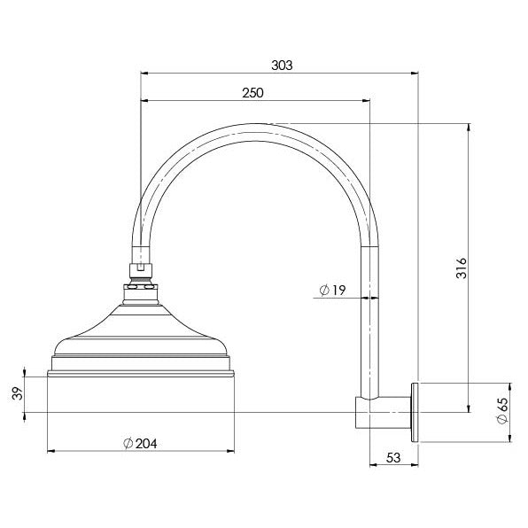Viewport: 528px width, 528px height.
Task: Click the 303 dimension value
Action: [x=281, y=66]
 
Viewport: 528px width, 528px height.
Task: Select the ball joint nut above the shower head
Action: [x=140, y=285]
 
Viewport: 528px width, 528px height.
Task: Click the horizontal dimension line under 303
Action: [x=279, y=74]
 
